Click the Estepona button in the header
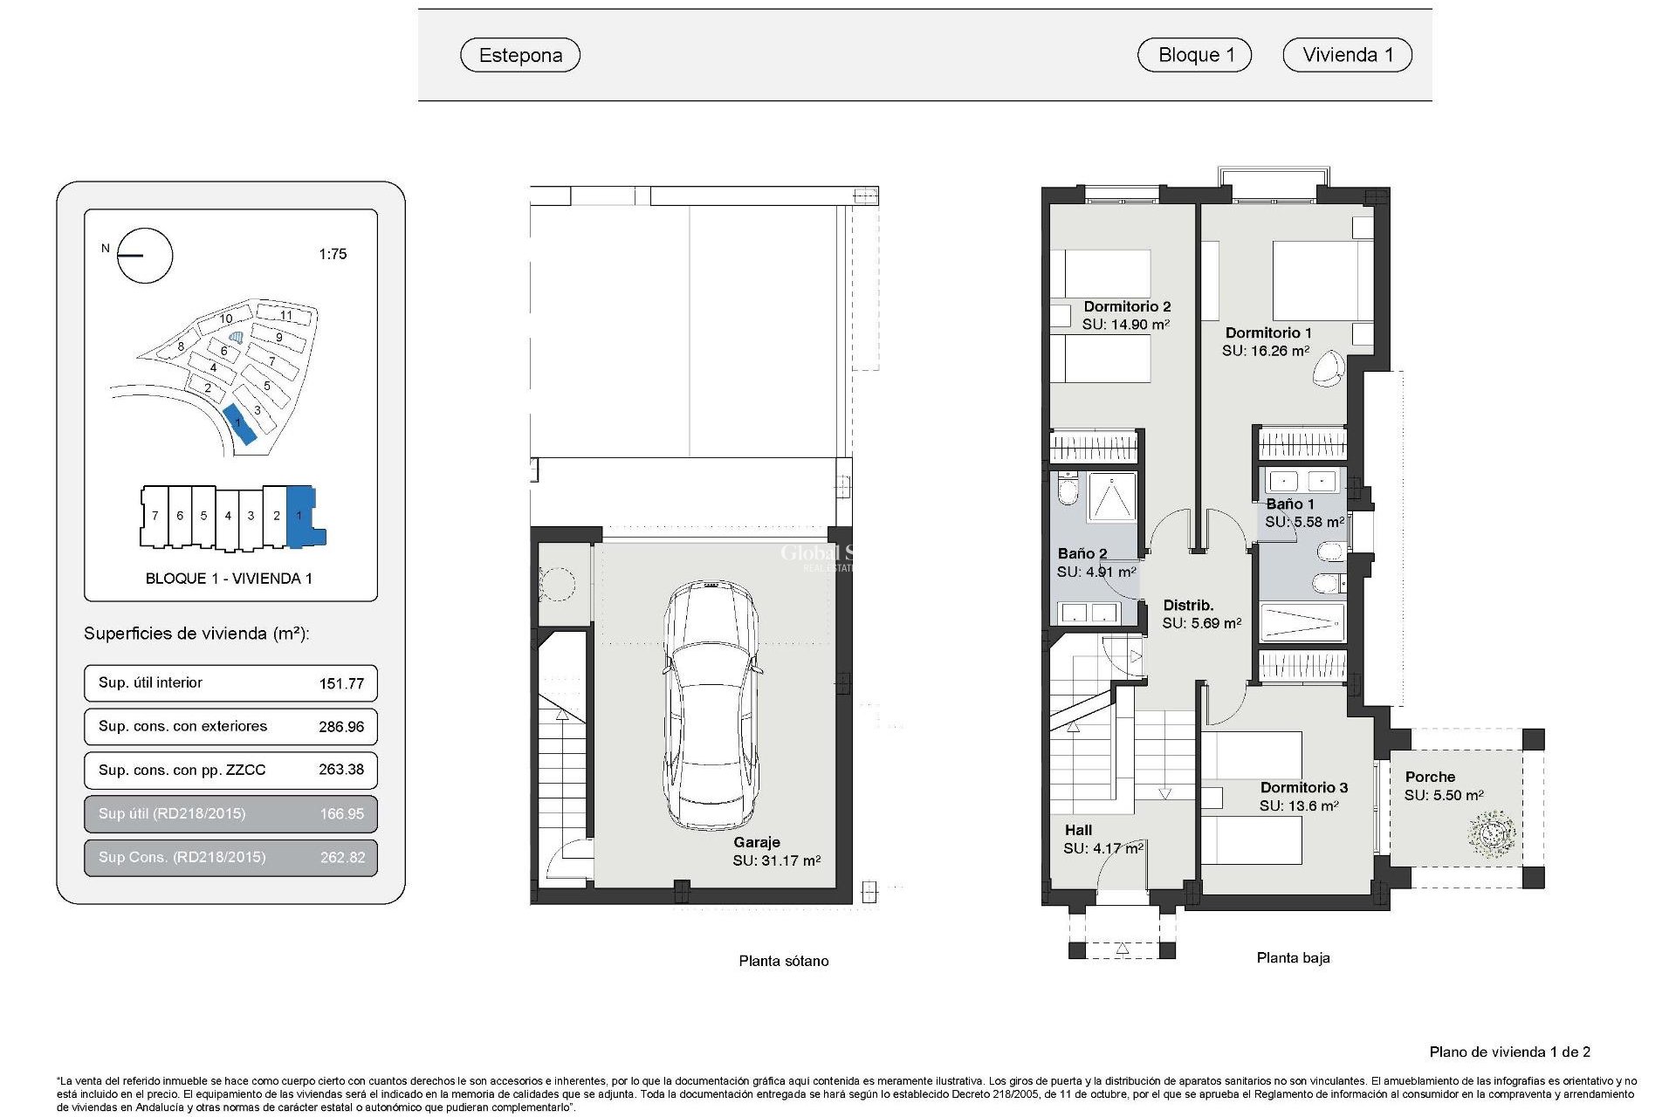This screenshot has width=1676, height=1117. [520, 55]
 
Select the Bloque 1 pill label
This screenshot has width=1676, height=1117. [1194, 55]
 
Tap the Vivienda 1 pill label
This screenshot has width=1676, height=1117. [1347, 55]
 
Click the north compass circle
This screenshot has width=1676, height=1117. [145, 256]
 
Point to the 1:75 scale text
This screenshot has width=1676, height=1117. [333, 254]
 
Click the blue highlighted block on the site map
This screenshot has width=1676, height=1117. [238, 424]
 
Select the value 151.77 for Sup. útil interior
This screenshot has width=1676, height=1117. [341, 683]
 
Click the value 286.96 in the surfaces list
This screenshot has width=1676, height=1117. [341, 727]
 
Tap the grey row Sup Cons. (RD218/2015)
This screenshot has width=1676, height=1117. [230, 857]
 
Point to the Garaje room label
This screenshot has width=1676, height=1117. [757, 842]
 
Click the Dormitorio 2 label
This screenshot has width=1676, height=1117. [1127, 306]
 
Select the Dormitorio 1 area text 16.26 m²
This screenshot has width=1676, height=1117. [1265, 351]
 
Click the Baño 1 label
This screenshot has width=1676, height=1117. [1289, 504]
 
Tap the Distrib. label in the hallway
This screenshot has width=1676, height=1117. [1188, 605]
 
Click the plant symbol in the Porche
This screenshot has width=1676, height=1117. [1491, 833]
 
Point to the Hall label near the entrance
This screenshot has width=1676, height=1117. [1078, 830]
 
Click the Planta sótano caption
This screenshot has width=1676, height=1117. [783, 961]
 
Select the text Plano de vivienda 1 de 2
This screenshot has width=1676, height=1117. [1509, 1052]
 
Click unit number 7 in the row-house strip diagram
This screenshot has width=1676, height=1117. [155, 516]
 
